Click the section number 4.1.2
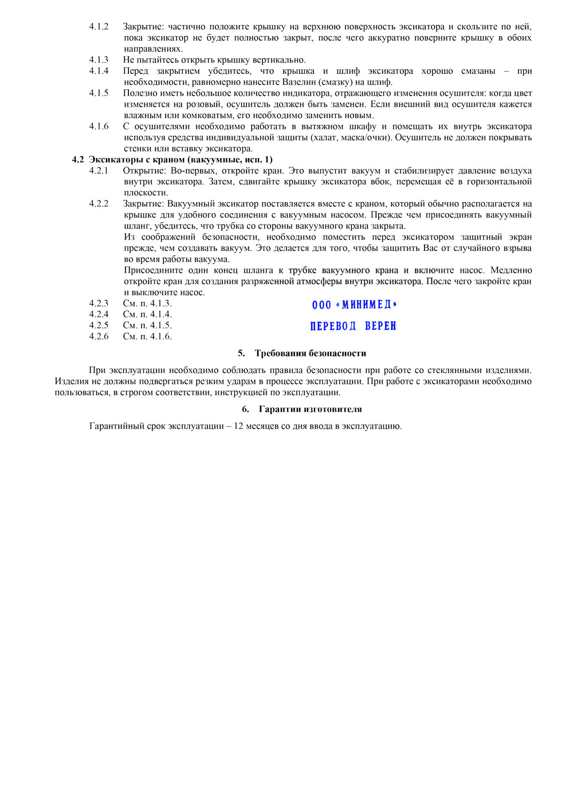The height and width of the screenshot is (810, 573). point(99,26)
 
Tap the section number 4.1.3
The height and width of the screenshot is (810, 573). point(99,60)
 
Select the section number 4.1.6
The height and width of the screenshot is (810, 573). point(99,126)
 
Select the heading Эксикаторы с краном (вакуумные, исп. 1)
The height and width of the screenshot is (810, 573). point(180,159)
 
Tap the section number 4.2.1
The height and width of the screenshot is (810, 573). point(99,171)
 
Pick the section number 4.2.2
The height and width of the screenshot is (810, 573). point(99,203)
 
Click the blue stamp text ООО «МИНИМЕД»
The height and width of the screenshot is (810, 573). point(354,305)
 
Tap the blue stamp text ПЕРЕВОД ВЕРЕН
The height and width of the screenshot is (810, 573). point(353,326)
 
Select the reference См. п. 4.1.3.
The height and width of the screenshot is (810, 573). point(147,303)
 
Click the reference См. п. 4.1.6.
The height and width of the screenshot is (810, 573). point(147,336)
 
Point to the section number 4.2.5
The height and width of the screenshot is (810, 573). point(99,325)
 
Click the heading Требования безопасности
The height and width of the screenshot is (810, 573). point(310,353)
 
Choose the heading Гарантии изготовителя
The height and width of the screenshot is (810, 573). point(310,409)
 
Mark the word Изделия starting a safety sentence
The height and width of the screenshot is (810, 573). point(72,381)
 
